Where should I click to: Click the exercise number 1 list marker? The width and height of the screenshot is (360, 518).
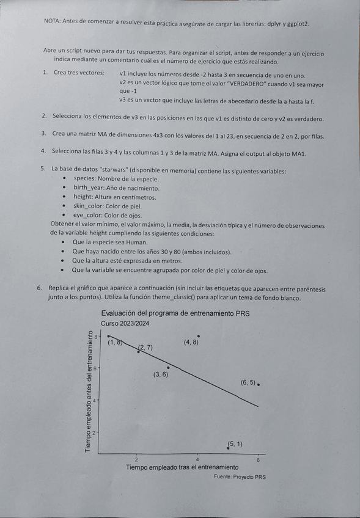click(45, 73)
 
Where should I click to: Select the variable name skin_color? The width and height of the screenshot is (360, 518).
click(91, 206)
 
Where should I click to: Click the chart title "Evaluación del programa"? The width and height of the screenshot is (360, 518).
click(176, 314)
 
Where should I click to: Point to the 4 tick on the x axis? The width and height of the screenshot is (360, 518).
click(197, 459)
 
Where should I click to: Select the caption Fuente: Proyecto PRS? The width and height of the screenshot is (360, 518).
click(240, 477)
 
